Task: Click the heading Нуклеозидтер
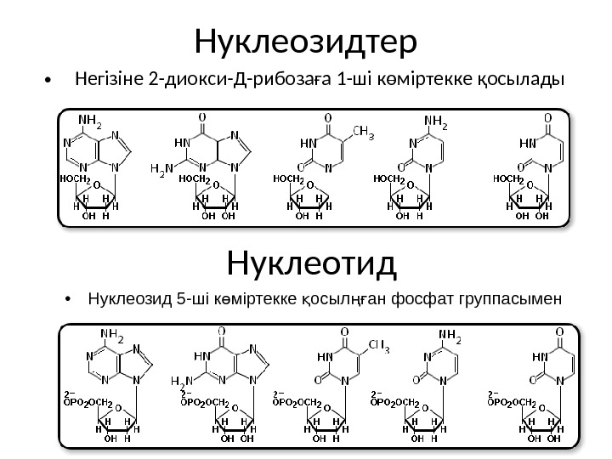305,39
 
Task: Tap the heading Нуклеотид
313,263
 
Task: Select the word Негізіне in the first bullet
109,82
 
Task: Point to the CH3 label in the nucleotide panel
378,345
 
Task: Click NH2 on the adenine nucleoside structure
89,123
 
